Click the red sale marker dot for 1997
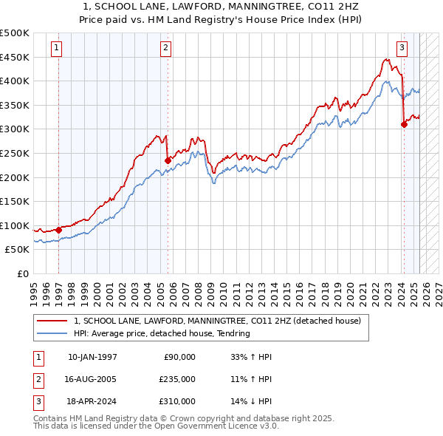pos(59,230)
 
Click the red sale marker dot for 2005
pos(168,160)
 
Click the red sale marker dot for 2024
pos(405,124)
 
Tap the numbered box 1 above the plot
pos(57,49)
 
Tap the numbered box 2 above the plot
pos(165,49)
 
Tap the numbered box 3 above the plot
pos(402,49)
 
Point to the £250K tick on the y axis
pos(15,153)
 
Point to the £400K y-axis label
pos(15,81)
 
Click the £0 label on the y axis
pos(22,273)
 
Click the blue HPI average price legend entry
pos(162,333)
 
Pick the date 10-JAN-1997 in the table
pos(92,357)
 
